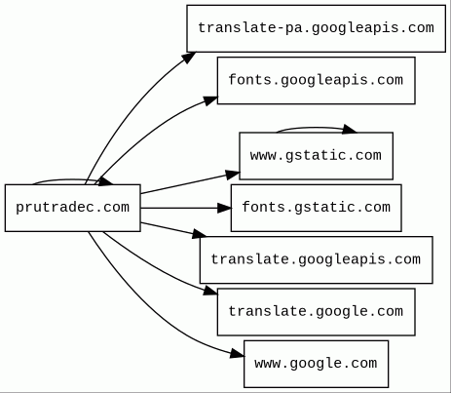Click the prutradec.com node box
(x=73, y=208)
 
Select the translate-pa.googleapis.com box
(x=317, y=28)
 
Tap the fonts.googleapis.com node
(x=317, y=81)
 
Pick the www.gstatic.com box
(x=317, y=156)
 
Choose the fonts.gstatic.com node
(x=317, y=208)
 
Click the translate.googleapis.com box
(x=317, y=260)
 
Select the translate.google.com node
(x=317, y=312)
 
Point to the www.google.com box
(x=317, y=364)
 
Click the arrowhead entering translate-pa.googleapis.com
(x=188, y=58)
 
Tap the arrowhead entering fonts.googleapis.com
(x=210, y=100)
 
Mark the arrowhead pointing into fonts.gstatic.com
(x=225, y=208)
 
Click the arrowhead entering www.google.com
(x=238, y=354)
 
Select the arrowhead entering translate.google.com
(x=210, y=291)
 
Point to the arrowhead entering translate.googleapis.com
(x=200, y=234)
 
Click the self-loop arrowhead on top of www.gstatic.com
(x=350, y=129)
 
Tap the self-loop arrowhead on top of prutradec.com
(x=105, y=181)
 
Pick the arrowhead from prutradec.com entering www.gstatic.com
(x=233, y=175)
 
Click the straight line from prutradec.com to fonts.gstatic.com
(x=179, y=208)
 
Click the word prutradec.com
(x=73, y=208)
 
